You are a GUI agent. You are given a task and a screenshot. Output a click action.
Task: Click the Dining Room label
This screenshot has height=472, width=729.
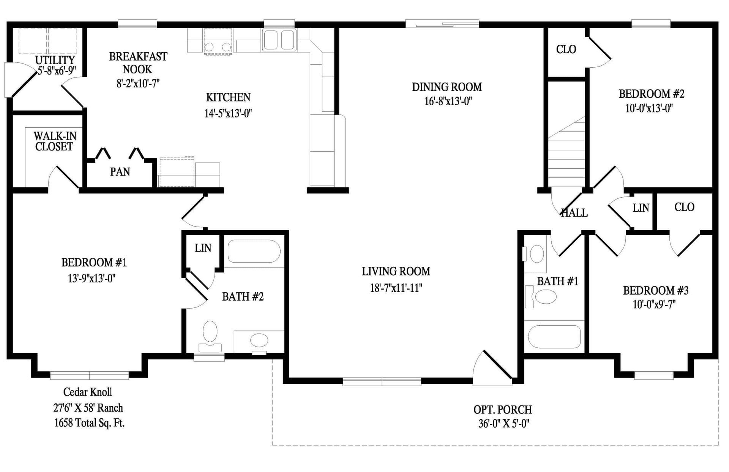tap(447, 87)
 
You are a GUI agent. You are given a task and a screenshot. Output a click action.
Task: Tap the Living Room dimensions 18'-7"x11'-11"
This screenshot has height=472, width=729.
tap(396, 288)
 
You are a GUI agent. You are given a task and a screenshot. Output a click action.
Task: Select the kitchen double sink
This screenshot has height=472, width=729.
tap(279, 40)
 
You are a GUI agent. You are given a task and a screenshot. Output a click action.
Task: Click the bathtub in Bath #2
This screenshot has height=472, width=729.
tap(254, 251)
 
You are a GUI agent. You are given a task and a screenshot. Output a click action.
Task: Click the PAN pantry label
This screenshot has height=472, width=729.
tap(120, 172)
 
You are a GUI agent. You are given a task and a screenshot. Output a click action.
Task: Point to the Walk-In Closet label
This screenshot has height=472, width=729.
tap(55, 141)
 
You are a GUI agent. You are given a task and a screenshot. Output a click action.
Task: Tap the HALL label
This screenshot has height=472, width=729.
tap(574, 213)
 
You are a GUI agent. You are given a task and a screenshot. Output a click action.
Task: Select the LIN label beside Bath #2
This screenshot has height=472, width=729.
tap(203, 248)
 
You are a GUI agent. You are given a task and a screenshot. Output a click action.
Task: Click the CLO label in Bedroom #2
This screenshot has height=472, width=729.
tap(566, 49)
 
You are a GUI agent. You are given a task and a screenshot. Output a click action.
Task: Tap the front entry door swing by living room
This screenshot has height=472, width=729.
tap(492, 368)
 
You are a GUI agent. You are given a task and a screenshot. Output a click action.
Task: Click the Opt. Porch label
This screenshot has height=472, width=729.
tap(502, 410)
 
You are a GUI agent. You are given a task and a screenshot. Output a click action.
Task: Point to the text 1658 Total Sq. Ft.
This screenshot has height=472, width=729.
tap(89, 423)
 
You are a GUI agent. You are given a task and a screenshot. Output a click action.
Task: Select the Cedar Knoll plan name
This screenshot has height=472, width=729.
tap(87, 392)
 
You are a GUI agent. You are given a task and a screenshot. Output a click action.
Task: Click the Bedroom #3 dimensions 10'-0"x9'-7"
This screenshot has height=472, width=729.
tap(654, 305)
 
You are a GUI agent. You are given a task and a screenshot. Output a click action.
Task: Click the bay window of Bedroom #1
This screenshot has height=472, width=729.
tap(89, 375)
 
